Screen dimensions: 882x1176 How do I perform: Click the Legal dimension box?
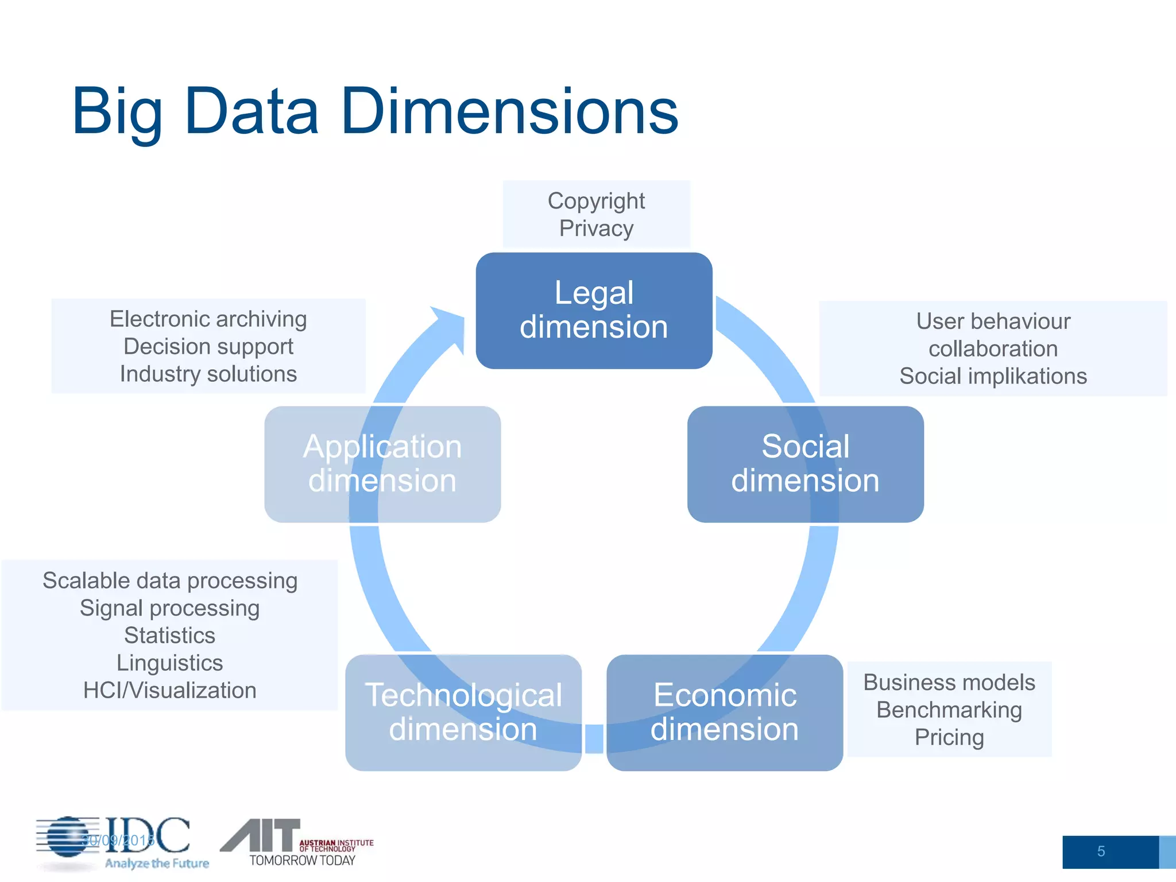click(x=594, y=311)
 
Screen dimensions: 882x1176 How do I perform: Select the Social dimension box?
click(x=805, y=464)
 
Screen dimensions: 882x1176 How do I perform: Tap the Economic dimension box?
click(x=725, y=713)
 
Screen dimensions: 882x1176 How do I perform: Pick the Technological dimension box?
click(x=463, y=713)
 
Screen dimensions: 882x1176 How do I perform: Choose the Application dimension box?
click(x=382, y=464)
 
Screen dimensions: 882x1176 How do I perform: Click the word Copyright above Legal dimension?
click(x=596, y=201)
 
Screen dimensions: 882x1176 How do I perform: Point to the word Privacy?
click(x=596, y=229)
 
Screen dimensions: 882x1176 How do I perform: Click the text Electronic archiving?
click(x=208, y=319)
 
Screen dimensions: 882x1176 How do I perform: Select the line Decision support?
click(x=208, y=347)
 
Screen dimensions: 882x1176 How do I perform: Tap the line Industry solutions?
click(x=208, y=374)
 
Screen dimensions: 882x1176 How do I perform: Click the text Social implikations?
click(x=993, y=377)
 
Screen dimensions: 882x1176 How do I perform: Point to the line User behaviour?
click(x=993, y=322)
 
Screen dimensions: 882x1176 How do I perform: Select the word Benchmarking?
click(x=949, y=710)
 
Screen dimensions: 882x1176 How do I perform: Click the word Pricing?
click(x=949, y=738)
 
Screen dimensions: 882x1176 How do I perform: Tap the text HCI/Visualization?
click(x=169, y=691)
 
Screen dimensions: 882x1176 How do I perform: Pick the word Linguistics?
click(x=169, y=663)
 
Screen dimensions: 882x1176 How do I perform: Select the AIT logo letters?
click(x=261, y=835)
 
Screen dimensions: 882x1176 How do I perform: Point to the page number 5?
click(x=1101, y=852)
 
